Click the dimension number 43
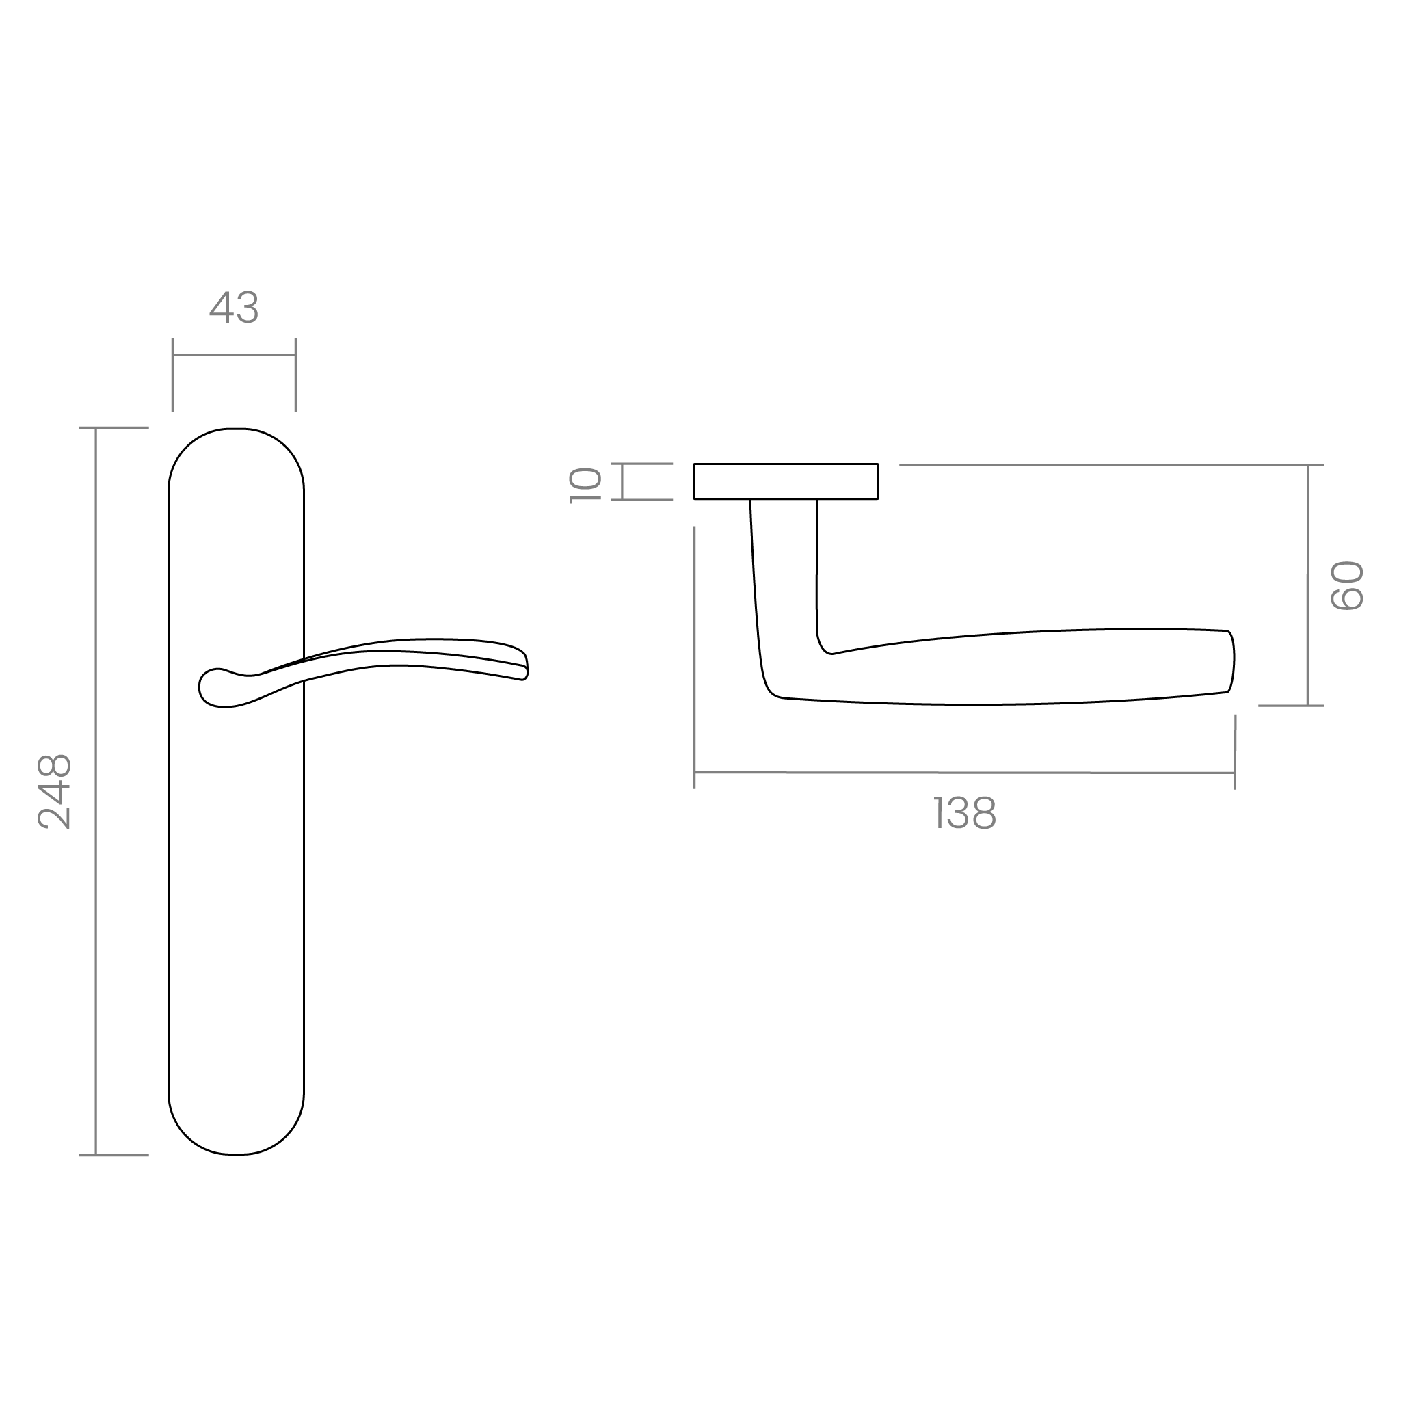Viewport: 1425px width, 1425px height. (234, 308)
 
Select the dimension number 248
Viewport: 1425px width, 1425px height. (55, 791)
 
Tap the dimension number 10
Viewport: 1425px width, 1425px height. (587, 485)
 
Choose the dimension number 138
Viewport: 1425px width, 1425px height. (965, 814)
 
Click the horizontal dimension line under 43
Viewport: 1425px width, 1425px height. (234, 355)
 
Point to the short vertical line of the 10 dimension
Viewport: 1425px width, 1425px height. (623, 481)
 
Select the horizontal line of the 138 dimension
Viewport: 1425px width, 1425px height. (965, 773)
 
